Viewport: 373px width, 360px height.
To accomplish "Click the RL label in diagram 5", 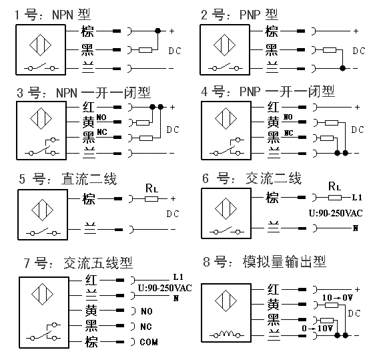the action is point(151,188).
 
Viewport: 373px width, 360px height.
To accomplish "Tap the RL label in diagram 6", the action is point(335,186).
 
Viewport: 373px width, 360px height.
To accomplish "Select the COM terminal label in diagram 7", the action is point(149,342).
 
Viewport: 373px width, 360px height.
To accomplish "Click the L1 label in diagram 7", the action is point(178,277).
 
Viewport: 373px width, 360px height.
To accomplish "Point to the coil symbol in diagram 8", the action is point(226,334).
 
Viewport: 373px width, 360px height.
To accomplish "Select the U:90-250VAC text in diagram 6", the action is point(336,213).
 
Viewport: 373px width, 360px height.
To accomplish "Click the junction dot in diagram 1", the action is point(157,31).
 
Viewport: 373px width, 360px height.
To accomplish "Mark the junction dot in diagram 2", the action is point(342,68).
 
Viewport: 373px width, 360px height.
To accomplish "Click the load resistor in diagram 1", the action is point(145,50).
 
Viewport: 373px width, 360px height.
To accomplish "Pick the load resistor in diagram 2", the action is point(330,50).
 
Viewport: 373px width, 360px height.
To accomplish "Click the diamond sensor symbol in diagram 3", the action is point(41,119).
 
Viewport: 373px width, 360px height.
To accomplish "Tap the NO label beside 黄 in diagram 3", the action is point(101,117).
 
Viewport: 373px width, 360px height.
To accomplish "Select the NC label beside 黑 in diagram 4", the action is point(288,133).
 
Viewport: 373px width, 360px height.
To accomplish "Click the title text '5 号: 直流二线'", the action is point(68,179).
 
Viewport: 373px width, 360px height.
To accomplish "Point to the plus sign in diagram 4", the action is point(357,108).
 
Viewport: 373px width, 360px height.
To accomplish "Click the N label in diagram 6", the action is point(356,228).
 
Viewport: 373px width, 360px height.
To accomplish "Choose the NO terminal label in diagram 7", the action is point(147,311).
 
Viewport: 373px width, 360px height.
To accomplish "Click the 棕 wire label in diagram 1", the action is point(87,31).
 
